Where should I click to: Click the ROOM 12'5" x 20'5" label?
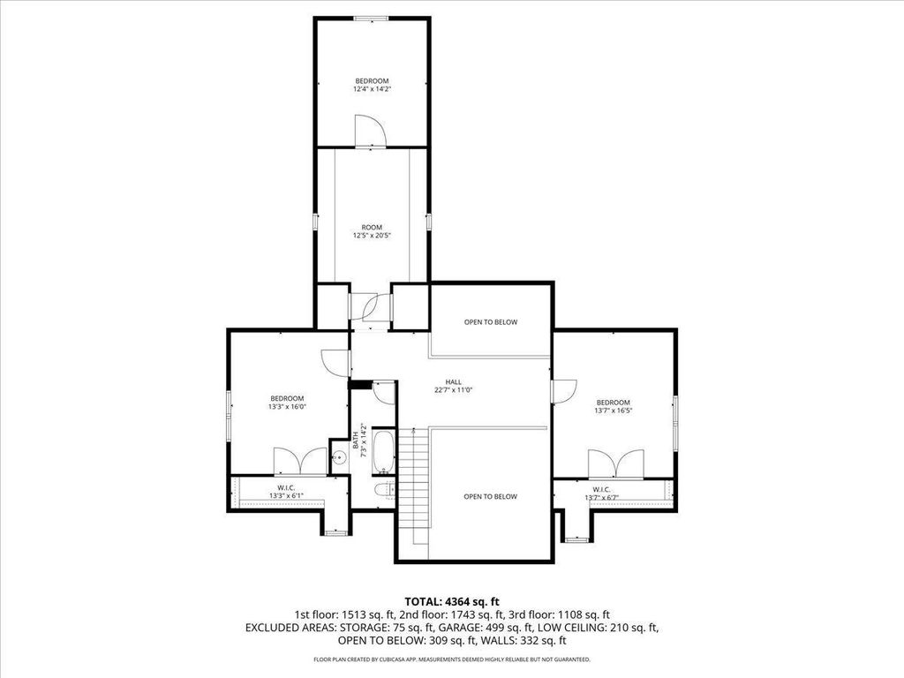[372, 231]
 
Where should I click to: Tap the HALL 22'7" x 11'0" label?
[453, 386]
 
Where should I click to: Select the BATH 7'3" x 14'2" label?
[360, 441]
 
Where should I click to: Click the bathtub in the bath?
[383, 450]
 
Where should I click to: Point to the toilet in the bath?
[385, 490]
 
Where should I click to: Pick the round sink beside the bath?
[340, 458]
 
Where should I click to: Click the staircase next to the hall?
[413, 486]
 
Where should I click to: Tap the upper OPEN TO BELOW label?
[491, 322]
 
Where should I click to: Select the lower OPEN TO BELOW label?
[490, 496]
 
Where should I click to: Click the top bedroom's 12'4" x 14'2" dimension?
[372, 89]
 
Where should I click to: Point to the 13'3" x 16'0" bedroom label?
[287, 403]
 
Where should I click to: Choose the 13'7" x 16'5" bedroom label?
[614, 406]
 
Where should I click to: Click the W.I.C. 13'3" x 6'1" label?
[286, 492]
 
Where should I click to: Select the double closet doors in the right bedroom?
[615, 464]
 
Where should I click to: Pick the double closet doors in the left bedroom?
[300, 461]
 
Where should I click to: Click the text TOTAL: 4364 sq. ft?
[452, 602]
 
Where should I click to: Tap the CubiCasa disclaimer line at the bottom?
[451, 659]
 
